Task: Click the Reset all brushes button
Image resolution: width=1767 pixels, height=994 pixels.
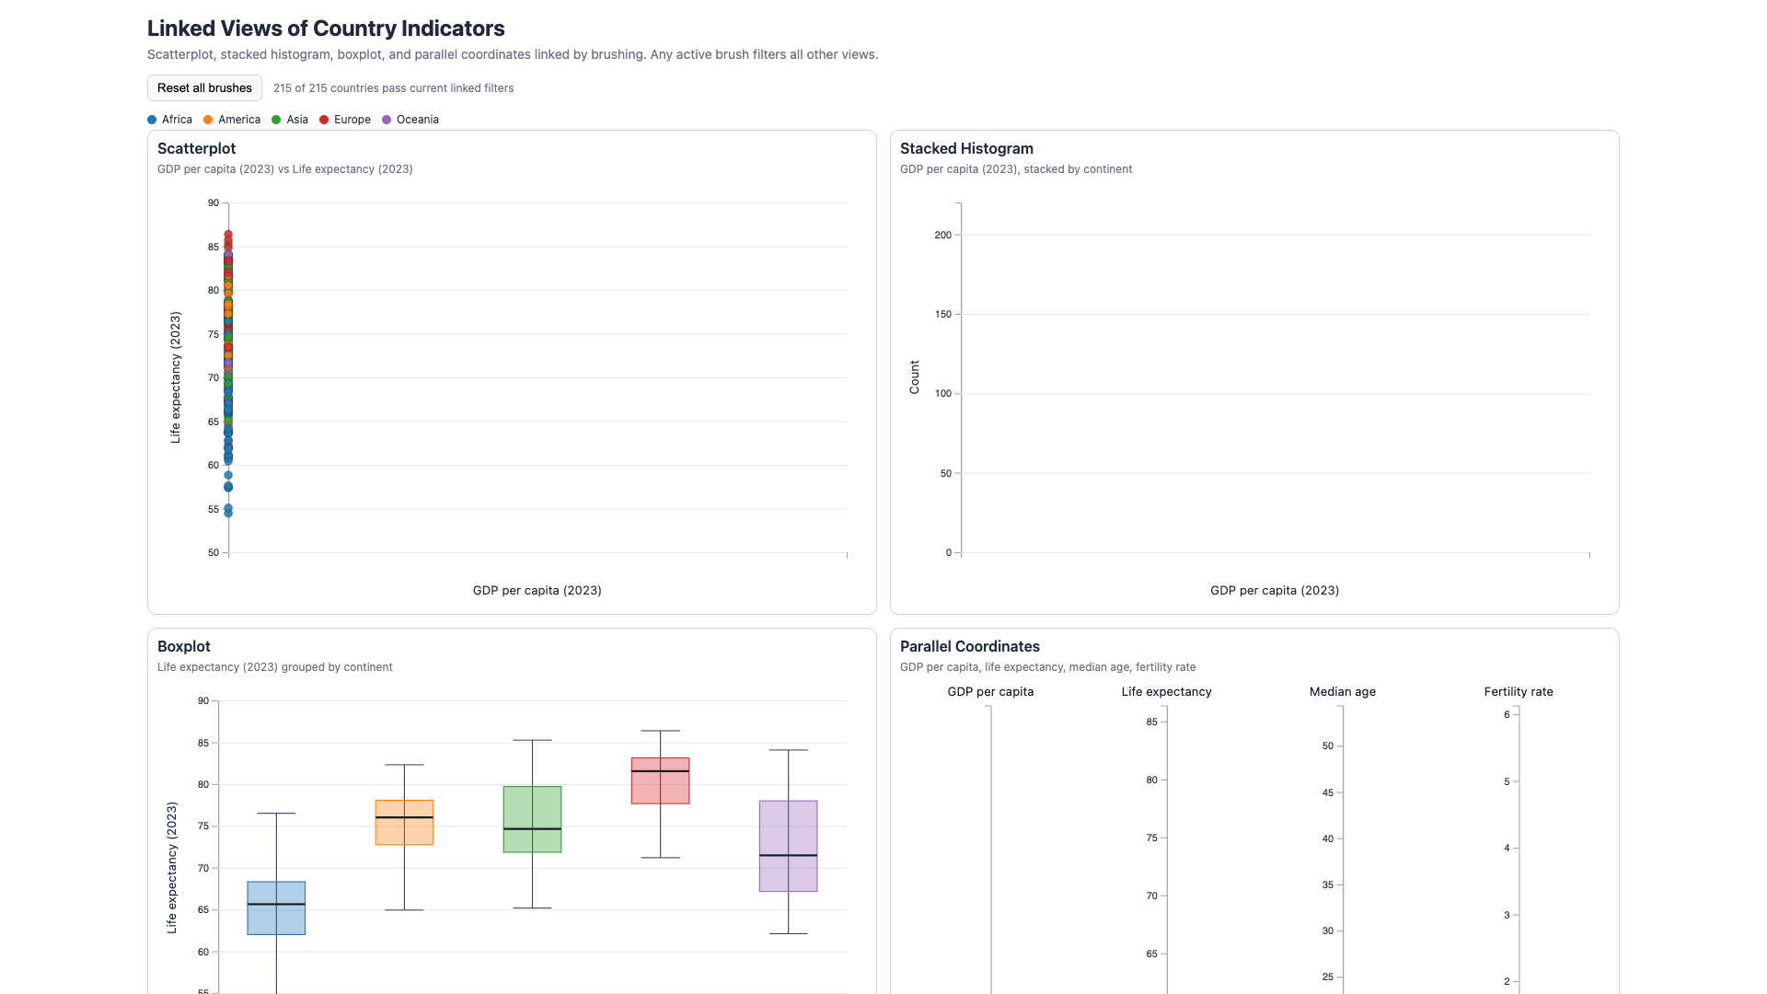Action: (204, 88)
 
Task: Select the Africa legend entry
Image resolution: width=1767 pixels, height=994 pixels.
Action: (170, 120)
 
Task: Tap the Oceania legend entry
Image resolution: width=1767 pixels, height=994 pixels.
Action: (410, 120)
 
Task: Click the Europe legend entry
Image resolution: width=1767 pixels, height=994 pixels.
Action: (345, 120)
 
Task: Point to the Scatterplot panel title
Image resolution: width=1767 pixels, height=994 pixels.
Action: (196, 148)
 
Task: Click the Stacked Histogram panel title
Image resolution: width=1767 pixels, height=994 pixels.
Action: (966, 148)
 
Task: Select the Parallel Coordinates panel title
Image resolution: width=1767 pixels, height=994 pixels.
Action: (970, 646)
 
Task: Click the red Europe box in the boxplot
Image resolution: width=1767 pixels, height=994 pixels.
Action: (660, 780)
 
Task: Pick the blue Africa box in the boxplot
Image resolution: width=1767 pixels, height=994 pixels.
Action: (276, 908)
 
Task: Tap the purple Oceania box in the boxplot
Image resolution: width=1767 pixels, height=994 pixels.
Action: (788, 846)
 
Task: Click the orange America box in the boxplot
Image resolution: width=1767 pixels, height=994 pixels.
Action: (404, 823)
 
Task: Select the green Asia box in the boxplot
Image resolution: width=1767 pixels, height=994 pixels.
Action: (532, 819)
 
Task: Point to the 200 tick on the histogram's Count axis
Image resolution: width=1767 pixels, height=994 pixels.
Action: (942, 235)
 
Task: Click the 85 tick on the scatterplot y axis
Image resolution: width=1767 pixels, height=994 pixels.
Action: (214, 247)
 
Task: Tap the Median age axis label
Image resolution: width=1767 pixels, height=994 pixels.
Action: (1343, 691)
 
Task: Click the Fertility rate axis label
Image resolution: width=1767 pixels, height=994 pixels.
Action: (1519, 691)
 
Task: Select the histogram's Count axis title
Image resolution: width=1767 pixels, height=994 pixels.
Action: (914, 377)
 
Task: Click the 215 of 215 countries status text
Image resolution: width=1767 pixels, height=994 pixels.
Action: (394, 88)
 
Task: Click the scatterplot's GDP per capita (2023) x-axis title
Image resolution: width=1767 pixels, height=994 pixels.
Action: (537, 590)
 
